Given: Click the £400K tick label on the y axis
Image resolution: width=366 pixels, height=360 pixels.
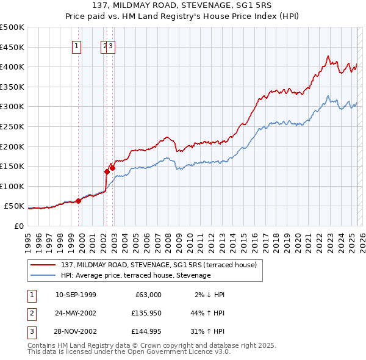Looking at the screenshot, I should pos(12,67).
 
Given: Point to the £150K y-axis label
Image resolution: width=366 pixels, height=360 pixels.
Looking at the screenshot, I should pos(12,166).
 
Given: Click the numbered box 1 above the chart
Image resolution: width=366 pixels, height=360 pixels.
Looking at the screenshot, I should pos(77,45).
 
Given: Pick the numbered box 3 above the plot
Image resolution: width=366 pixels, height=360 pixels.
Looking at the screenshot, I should pos(112,45).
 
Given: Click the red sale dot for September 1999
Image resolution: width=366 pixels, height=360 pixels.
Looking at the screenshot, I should pos(78,201).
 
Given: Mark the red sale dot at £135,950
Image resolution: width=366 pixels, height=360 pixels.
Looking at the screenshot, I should pos(107,171).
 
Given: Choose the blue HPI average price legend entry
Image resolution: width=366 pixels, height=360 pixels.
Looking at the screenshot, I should pos(135,276).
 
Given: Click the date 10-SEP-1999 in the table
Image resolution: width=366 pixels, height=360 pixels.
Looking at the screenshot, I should pos(76,295).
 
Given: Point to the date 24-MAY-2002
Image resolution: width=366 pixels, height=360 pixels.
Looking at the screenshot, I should pos(76,314).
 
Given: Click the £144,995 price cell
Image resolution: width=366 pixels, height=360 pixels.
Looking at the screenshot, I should pos(146,333).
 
